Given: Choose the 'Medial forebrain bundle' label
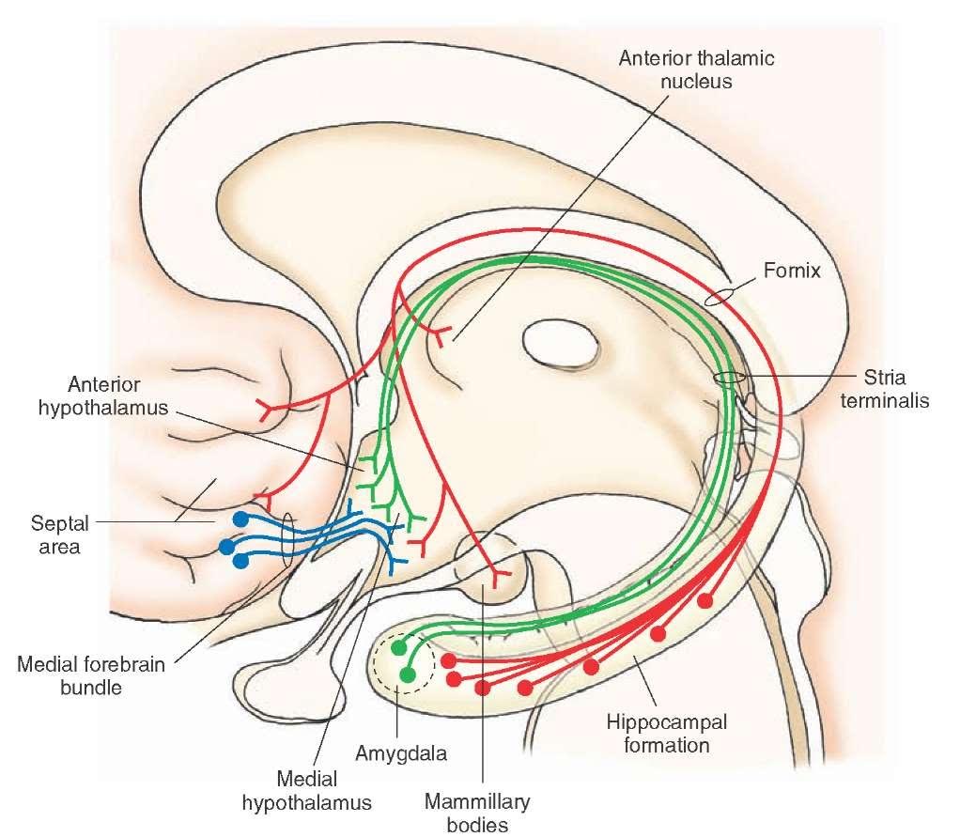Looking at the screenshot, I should pos(91,675).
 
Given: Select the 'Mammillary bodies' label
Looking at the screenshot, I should pos(477,813).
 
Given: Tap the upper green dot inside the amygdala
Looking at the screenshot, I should pos(398,647).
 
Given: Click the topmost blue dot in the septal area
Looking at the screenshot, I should pos(240,519).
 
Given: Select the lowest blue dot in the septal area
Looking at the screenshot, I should pos(240,561).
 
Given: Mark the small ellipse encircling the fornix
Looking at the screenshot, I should pos(721,298).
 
